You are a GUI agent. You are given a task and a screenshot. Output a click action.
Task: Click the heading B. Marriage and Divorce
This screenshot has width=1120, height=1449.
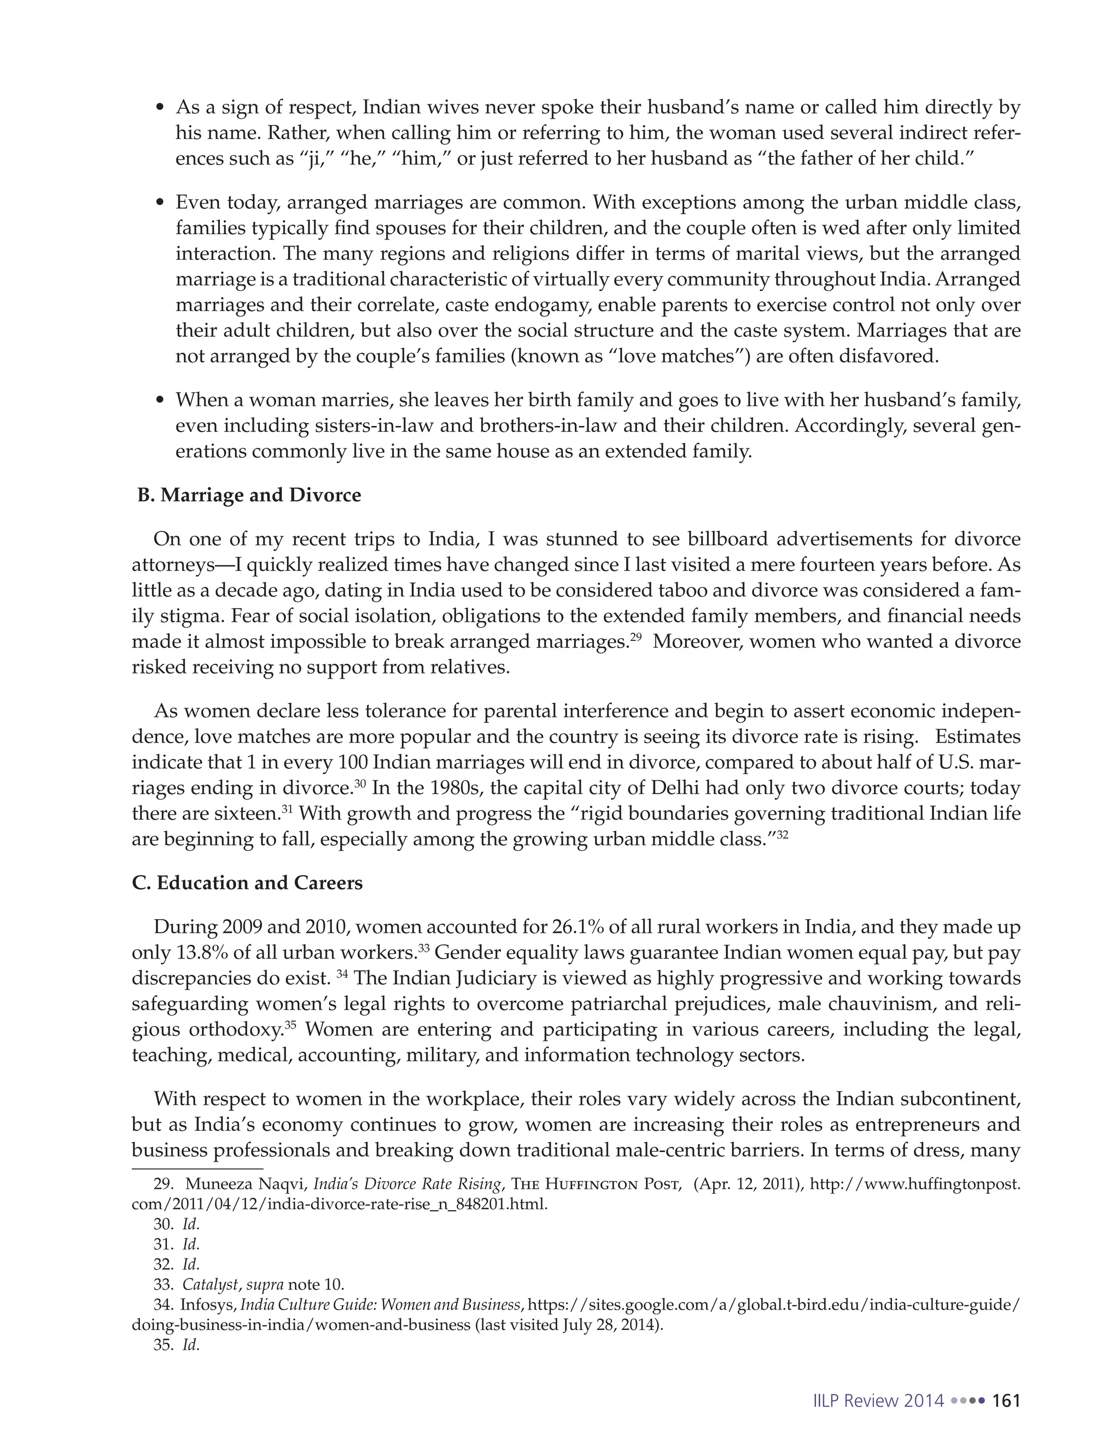[x=249, y=495]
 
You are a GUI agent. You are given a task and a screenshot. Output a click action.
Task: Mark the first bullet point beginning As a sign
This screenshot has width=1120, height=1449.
[x=159, y=108]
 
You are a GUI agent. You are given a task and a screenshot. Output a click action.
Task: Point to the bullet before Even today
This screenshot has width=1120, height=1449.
[x=159, y=203]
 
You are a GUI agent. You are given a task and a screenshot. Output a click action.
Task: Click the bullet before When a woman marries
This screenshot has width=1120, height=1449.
[x=159, y=401]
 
